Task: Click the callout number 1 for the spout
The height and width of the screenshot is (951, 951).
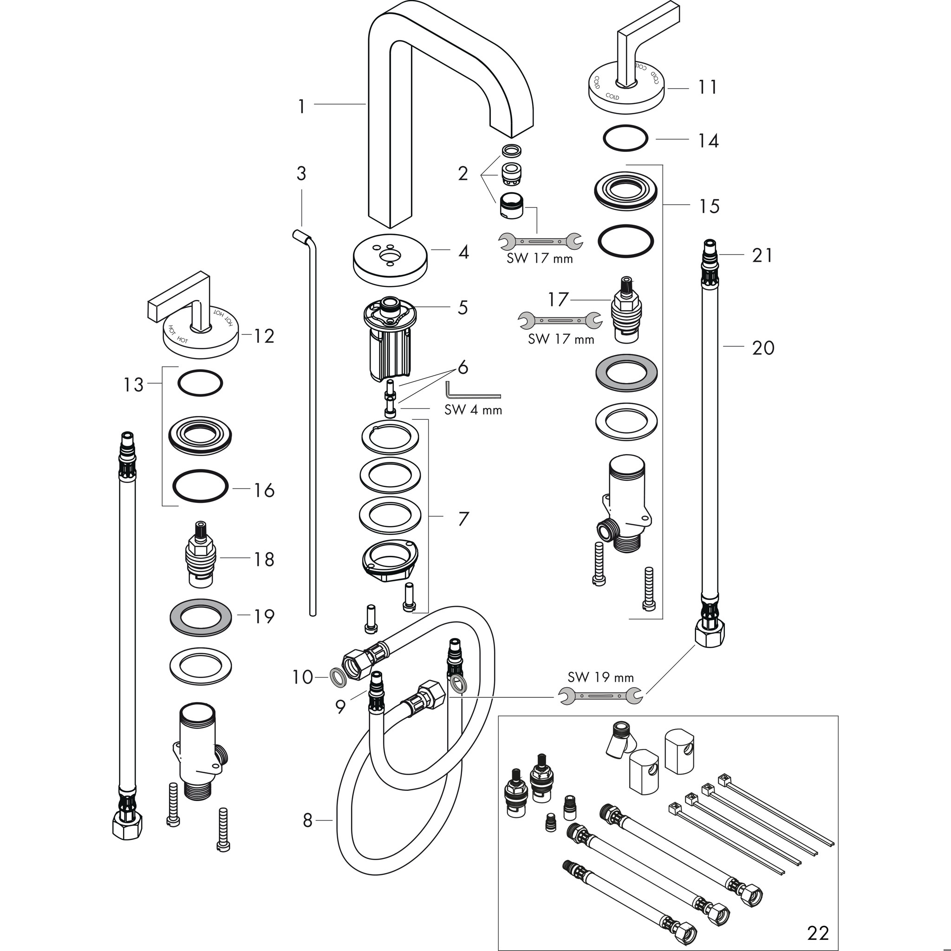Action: pos(301,106)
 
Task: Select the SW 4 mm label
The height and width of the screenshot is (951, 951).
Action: pos(473,410)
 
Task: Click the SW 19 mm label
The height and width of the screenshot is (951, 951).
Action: pos(600,677)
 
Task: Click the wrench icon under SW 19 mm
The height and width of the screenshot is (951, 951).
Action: pos(600,696)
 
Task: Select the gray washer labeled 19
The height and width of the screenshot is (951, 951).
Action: pos(200,616)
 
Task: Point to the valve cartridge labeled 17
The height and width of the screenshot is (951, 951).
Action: pos(626,308)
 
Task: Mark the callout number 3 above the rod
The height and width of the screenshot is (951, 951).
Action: pos(301,173)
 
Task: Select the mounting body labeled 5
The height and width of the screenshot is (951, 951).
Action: pos(389,339)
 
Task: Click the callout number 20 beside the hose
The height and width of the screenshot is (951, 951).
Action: pos(763,348)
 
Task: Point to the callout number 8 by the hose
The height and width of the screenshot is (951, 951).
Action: pos(308,821)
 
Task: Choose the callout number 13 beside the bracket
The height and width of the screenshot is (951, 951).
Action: pos(133,384)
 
